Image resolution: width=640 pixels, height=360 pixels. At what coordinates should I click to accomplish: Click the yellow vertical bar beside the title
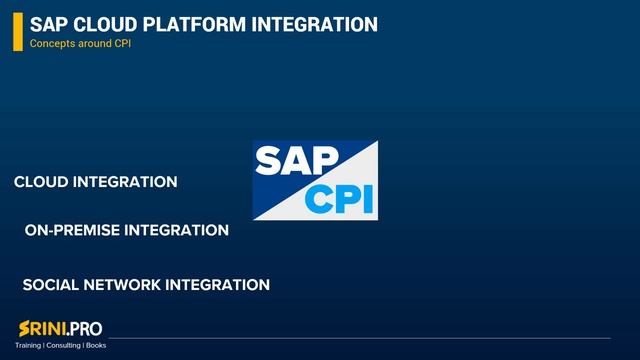click(x=17, y=32)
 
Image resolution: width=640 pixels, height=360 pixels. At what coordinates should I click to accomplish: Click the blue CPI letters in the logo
click(x=341, y=198)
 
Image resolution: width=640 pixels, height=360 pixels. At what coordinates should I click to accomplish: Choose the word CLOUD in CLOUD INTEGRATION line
click(x=41, y=182)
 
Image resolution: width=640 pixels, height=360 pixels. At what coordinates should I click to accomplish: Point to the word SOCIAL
click(x=51, y=285)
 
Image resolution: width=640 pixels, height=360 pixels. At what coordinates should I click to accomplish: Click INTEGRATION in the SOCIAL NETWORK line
click(x=217, y=285)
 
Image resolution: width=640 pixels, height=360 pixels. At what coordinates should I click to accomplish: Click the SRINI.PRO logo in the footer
click(x=60, y=328)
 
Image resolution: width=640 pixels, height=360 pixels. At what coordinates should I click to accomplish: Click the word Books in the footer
click(x=96, y=345)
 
